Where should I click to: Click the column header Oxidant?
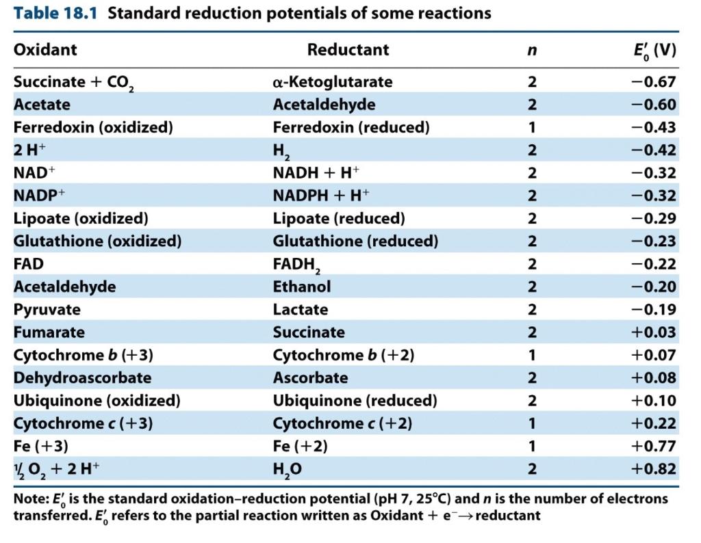point(45,50)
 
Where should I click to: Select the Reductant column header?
point(348,50)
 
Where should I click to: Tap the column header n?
point(532,51)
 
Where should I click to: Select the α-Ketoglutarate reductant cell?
point(333,82)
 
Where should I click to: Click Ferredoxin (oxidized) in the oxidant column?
point(93,127)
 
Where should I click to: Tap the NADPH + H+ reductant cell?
point(321,196)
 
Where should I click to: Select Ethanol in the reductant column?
point(302,287)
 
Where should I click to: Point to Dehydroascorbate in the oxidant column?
point(82,378)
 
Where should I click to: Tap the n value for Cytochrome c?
point(532,423)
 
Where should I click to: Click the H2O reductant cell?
point(288,469)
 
